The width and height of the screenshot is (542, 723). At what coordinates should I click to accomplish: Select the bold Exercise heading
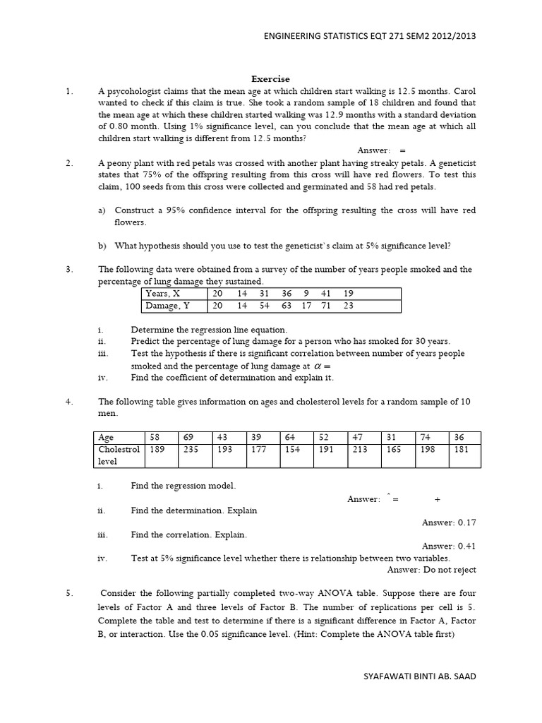(271, 79)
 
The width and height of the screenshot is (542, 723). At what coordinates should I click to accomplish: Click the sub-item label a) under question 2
(102, 210)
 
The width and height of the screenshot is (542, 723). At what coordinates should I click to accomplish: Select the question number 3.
(69, 269)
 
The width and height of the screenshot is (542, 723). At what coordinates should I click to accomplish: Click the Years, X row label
(162, 293)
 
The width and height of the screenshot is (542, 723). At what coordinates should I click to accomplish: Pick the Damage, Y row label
(167, 306)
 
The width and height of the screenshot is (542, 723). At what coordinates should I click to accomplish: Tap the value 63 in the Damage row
(286, 306)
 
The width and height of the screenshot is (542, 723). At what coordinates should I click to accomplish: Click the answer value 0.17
(465, 522)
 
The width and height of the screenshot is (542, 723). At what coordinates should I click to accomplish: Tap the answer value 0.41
(465, 546)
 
